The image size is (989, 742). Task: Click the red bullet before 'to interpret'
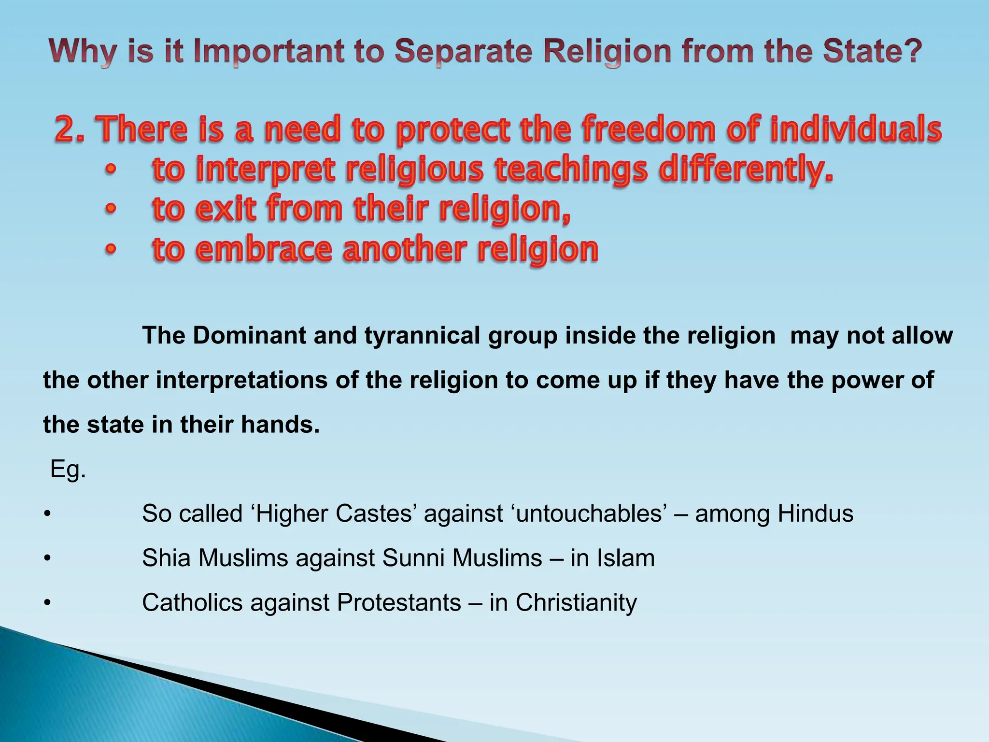[111, 170]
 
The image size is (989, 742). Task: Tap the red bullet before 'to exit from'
[111, 209]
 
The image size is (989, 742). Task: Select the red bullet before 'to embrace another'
[111, 249]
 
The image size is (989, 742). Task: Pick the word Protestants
[399, 602]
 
